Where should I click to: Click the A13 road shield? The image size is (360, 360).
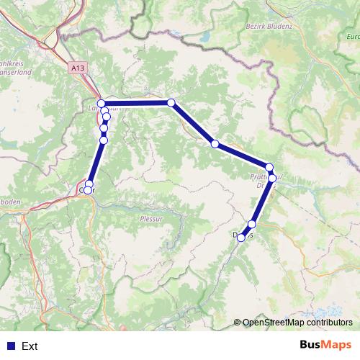click(x=78, y=67)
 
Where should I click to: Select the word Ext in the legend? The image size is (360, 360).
click(x=30, y=346)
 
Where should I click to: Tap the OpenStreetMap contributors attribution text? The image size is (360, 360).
click(x=297, y=323)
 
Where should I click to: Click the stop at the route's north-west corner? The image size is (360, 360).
click(x=102, y=103)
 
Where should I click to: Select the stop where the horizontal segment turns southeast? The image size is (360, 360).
click(x=171, y=103)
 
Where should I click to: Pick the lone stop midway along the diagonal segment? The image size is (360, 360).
click(x=215, y=144)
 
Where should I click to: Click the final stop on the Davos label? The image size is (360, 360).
click(x=240, y=237)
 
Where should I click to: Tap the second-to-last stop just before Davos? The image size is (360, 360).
click(x=251, y=224)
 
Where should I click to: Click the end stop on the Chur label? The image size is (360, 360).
click(x=86, y=191)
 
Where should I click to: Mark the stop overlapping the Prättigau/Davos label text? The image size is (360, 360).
click(x=272, y=177)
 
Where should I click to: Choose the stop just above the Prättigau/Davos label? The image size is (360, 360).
click(x=269, y=167)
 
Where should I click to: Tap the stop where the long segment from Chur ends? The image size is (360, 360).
click(x=104, y=140)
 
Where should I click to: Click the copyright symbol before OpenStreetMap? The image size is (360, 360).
click(x=238, y=323)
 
